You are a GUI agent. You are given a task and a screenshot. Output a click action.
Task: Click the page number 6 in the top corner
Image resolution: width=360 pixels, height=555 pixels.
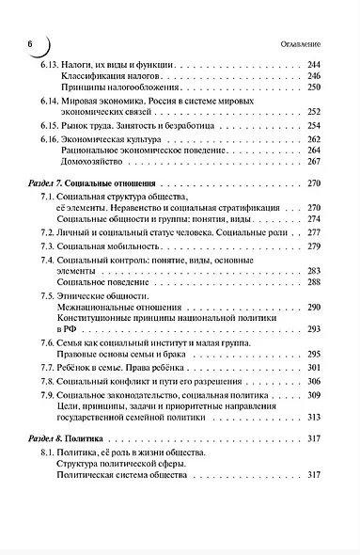(30, 42)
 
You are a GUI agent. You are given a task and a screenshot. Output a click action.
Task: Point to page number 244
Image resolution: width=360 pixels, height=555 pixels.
(314, 64)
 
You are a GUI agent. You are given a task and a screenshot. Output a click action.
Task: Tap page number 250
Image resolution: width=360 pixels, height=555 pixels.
(314, 87)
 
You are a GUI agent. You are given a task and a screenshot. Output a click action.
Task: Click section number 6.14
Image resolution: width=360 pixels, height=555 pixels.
(52, 100)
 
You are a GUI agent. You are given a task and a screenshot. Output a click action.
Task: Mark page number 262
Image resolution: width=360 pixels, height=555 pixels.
(314, 139)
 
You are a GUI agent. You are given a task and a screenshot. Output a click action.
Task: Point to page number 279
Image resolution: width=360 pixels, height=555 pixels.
(314, 246)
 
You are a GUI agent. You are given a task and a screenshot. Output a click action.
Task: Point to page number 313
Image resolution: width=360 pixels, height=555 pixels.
(314, 417)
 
